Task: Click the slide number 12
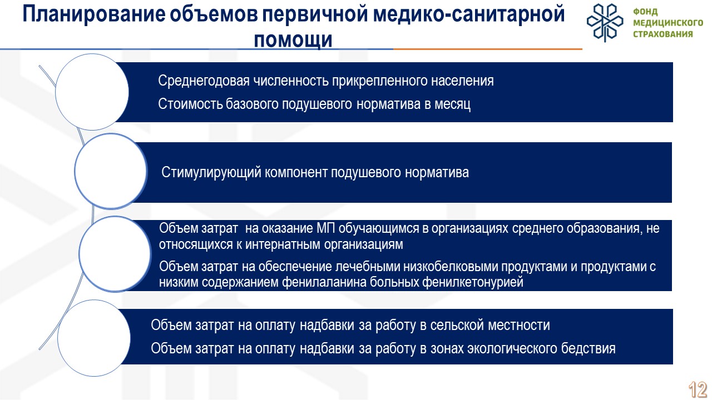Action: coord(698,390)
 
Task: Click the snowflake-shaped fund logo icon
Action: coord(605,23)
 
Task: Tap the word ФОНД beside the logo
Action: coord(645,12)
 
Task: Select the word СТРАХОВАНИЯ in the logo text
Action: coord(663,34)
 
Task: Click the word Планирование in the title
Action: coord(94,15)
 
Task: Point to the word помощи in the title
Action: coord(293,41)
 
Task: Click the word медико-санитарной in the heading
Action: coord(469,14)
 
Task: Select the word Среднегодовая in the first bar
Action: coord(204,81)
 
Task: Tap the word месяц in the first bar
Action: coord(452,104)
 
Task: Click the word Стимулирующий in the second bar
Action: coord(211,173)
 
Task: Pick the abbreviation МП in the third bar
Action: coord(326,228)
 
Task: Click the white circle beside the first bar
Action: coord(92,92)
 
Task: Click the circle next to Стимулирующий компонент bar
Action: coord(111,172)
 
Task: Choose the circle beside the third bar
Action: coord(115,254)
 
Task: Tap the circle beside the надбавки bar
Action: coord(94,338)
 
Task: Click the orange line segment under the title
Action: coord(488,49)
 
